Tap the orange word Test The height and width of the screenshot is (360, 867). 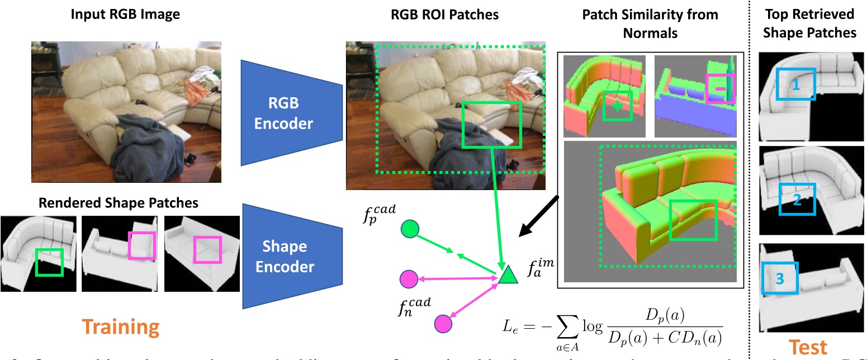point(808,346)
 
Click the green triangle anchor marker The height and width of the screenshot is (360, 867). point(506,274)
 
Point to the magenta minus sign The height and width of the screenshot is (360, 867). point(721,88)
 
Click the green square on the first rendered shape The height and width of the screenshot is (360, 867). point(49,262)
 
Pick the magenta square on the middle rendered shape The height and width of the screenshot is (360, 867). point(140,247)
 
